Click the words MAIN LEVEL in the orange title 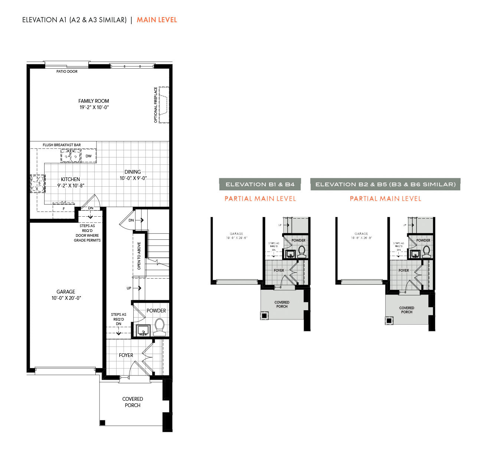click(157, 20)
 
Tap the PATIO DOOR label click(67, 72)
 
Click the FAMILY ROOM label click(94, 101)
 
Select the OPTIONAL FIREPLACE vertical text click(156, 105)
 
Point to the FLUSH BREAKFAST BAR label click(62, 145)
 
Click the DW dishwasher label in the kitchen click(88, 156)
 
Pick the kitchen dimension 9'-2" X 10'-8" click(71, 186)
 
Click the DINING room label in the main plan click(133, 172)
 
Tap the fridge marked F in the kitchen click(63, 209)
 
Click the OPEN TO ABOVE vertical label click(139, 256)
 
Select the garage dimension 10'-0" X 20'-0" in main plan click(66, 298)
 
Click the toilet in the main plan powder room click(160, 327)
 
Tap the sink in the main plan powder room click(143, 330)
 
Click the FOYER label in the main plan click(126, 355)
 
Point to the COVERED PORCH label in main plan click(133, 402)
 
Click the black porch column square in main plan click(103, 422)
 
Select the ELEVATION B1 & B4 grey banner click(260, 184)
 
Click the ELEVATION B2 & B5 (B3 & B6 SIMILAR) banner click(385, 184)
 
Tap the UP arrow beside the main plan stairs click(137, 288)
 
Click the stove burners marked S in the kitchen click(38, 184)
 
